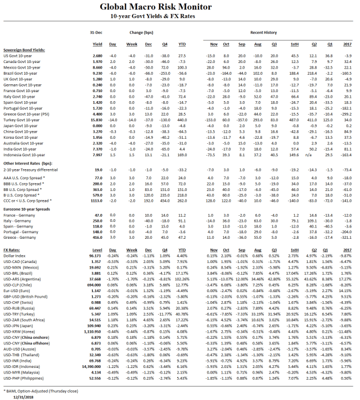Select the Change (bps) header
point(140,34)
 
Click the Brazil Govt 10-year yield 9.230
point(97,73)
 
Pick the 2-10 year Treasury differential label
point(31,169)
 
